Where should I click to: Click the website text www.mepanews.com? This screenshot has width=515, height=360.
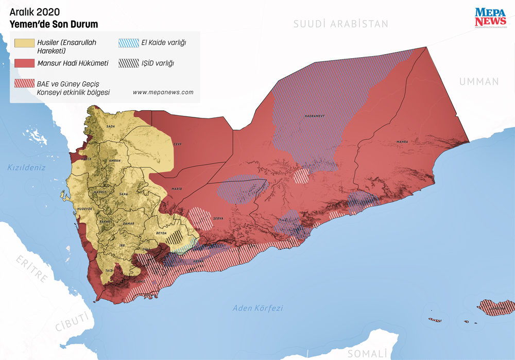coord(163,92)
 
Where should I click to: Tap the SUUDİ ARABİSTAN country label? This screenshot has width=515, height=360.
coord(340,24)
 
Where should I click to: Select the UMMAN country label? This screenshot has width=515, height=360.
coord(479,81)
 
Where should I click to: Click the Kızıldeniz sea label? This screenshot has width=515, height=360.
coord(27,167)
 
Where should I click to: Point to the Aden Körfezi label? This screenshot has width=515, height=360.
coord(257,308)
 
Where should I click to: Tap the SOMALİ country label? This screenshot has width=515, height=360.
coord(367,354)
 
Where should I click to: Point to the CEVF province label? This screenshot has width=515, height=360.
coord(177,144)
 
